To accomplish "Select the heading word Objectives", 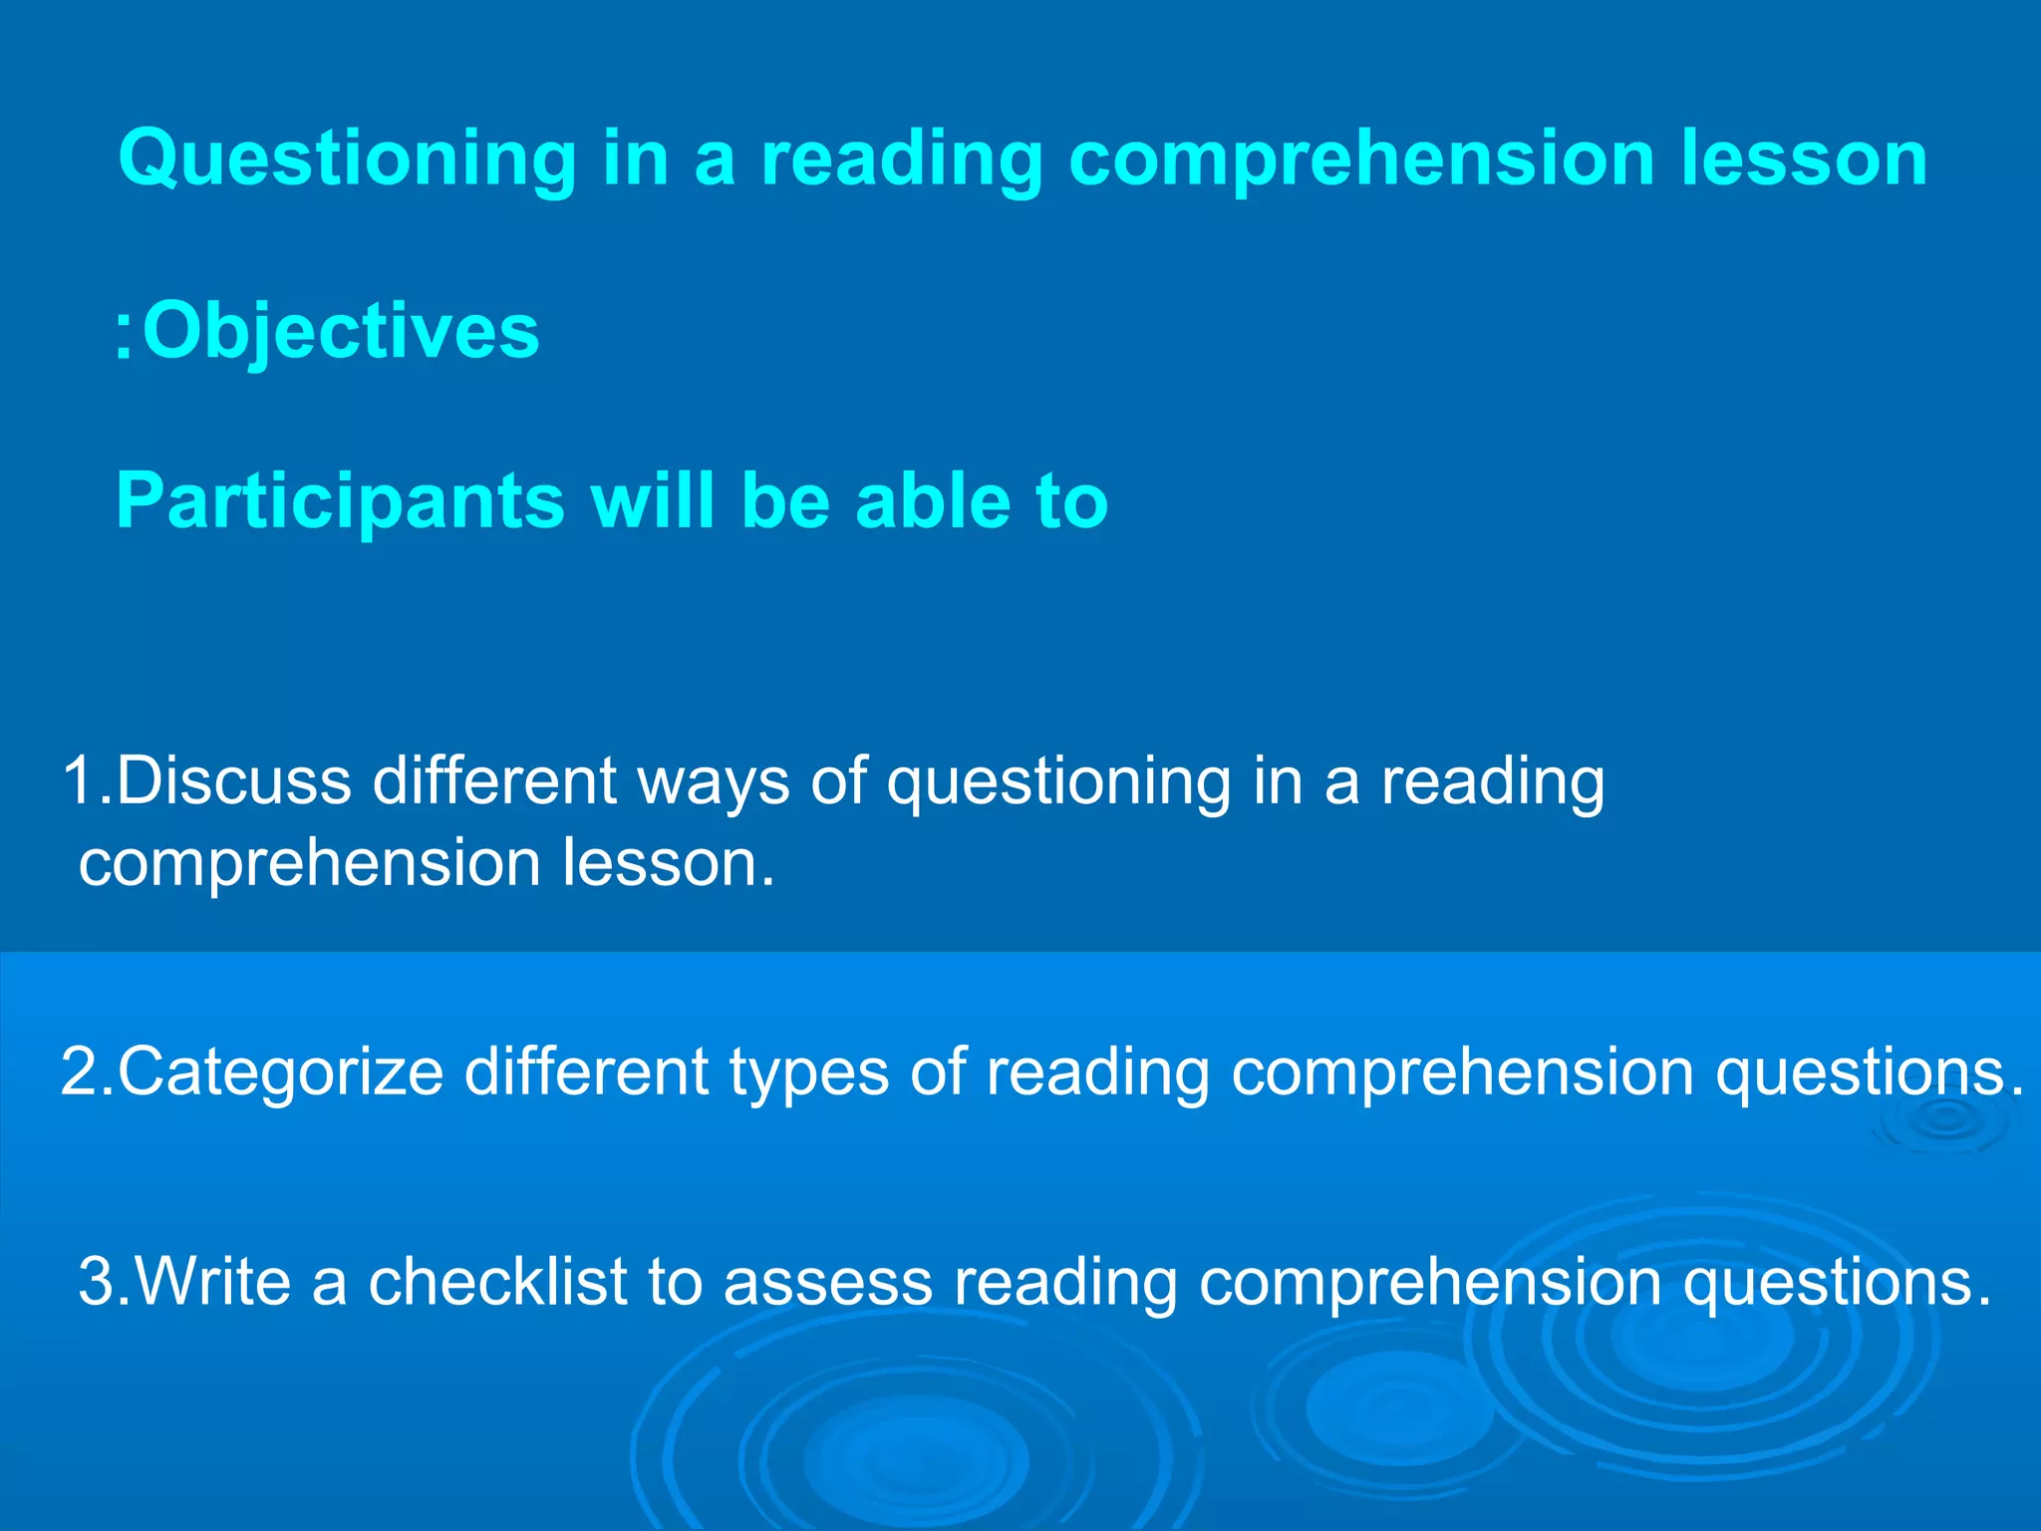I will pos(341,331).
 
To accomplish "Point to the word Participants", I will pos(340,500).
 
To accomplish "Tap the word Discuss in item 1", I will pos(234,779).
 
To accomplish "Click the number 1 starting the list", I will pos(80,779).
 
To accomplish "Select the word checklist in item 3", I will pos(498,1281).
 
